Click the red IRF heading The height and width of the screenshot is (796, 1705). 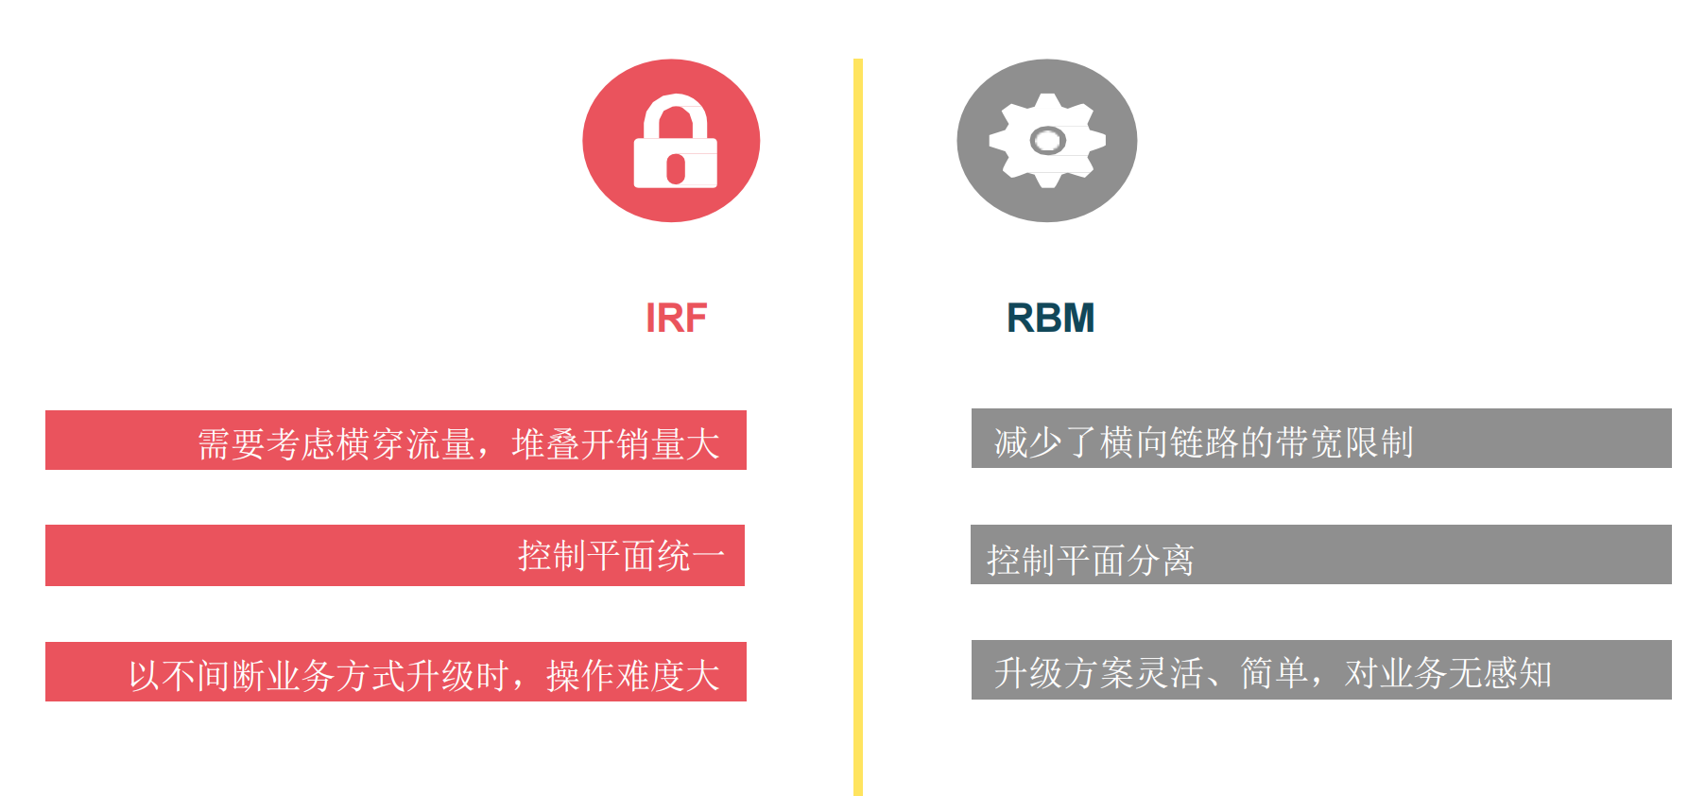pos(676,319)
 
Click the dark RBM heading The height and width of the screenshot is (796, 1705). pos(1050,319)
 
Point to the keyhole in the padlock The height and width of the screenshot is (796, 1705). pos(675,168)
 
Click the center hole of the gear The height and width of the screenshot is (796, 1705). pos(1047,142)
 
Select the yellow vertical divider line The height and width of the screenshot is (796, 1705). pos(858,425)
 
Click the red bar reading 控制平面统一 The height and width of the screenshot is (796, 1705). pos(395,556)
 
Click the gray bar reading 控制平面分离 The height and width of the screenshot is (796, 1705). pos(1320,556)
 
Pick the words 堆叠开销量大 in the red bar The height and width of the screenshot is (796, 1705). pos(615,444)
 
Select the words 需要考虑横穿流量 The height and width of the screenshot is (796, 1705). pos(336,444)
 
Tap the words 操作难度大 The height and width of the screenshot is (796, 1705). pos(632,676)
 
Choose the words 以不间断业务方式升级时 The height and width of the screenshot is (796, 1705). pos(319,676)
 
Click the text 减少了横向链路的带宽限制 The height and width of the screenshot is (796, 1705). pos(1203,442)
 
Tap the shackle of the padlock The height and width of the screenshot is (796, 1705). pos(675,112)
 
